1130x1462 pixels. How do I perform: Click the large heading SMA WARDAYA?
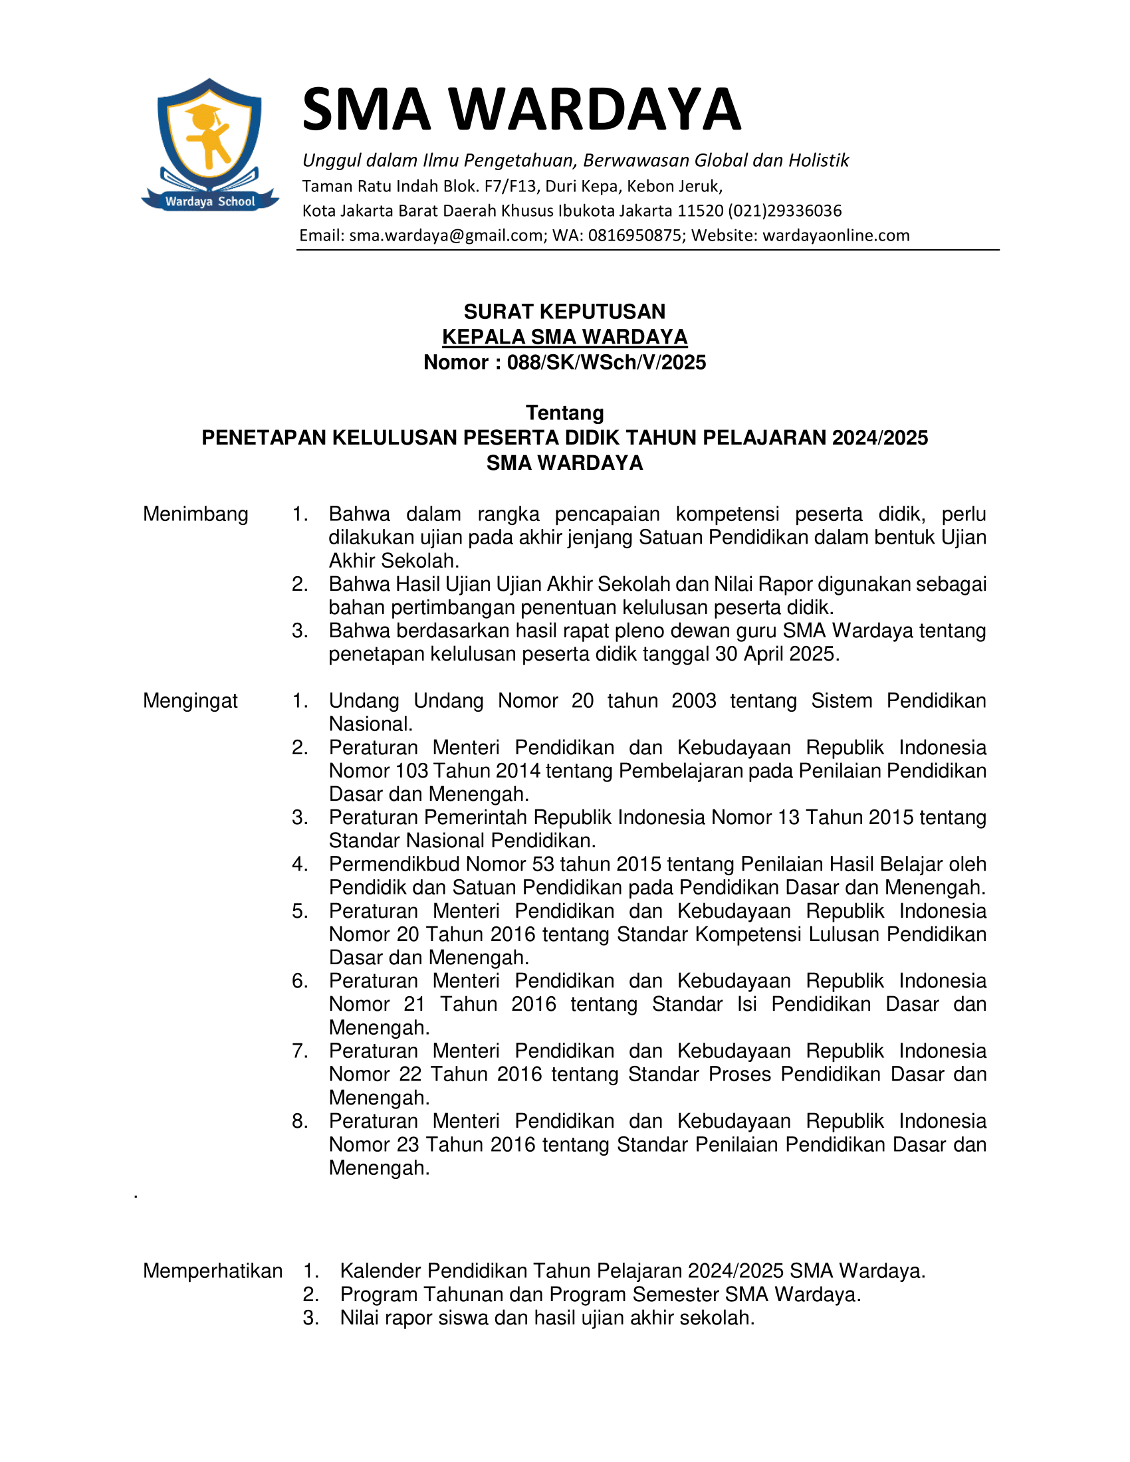click(522, 109)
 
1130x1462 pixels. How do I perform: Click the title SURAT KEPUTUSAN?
click(564, 311)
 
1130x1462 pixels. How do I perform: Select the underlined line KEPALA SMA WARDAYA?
click(564, 337)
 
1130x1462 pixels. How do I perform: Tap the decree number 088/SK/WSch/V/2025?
click(606, 362)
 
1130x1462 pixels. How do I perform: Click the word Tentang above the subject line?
click(564, 413)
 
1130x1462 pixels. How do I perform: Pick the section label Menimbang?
click(195, 514)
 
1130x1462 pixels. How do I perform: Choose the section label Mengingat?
click(190, 701)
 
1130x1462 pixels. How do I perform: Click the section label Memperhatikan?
click(212, 1271)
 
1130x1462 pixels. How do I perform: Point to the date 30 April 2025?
click(776, 654)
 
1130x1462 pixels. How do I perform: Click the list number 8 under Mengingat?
click(298, 1121)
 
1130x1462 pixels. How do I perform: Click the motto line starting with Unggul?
click(575, 161)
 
